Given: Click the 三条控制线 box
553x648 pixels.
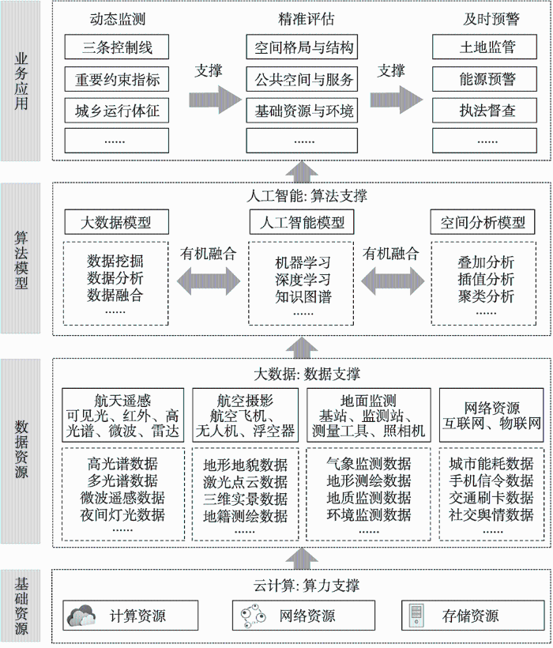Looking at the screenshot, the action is (116, 47).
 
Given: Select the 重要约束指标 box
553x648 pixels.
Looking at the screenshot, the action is (116, 79).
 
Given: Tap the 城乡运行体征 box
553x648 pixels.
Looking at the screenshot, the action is (116, 111).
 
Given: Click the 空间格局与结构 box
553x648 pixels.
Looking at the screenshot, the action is (302, 47).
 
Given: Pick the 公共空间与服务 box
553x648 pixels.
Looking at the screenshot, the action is (302, 79).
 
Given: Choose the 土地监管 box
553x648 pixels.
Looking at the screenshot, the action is (484, 47).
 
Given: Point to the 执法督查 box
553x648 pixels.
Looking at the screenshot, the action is (484, 111).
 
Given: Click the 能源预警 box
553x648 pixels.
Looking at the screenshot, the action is (484, 79).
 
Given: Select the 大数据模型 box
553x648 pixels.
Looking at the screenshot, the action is (116, 222).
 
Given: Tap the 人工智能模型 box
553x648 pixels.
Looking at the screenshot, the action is (302, 222).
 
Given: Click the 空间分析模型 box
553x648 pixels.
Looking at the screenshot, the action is (483, 222).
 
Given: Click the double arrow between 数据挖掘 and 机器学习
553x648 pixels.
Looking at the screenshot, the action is (209, 281).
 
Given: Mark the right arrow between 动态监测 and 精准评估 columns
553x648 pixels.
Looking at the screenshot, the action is (215, 100).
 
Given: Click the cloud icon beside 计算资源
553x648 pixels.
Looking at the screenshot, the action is (82, 616).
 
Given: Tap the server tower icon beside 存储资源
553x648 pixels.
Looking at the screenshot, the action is (416, 616).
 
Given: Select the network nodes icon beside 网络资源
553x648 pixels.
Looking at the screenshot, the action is (253, 616).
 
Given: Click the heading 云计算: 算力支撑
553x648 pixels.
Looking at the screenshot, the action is (306, 586).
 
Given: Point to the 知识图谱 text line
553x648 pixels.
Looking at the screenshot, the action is (303, 296).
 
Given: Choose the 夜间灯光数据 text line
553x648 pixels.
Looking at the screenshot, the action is (122, 515).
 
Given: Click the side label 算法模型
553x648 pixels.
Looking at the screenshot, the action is (21, 260).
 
